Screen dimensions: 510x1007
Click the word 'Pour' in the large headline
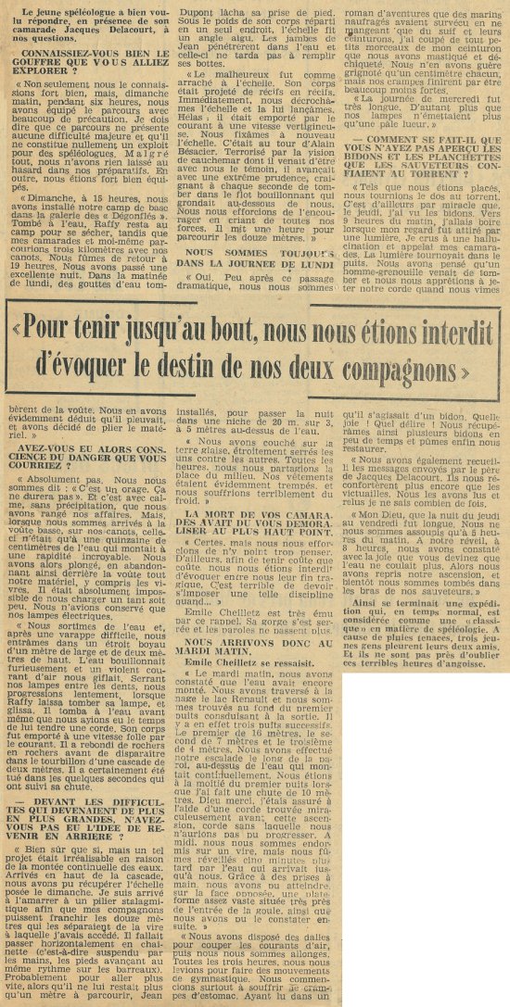click(x=58, y=352)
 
